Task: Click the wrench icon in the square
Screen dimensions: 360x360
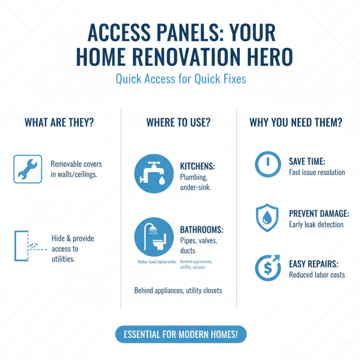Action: (28, 169)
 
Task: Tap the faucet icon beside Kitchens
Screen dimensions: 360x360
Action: (154, 174)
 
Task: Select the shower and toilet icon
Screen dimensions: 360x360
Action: (154, 238)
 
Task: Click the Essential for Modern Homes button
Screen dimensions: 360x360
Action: (181, 334)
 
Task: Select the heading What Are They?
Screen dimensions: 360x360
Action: (59, 122)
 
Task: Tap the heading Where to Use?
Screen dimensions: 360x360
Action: (179, 122)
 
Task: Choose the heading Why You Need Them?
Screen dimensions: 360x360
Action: (296, 122)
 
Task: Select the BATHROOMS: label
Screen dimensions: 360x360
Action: (201, 230)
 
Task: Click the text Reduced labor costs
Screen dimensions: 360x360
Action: (317, 274)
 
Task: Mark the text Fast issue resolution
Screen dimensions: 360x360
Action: (317, 172)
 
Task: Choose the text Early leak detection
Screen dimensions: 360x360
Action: (316, 224)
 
